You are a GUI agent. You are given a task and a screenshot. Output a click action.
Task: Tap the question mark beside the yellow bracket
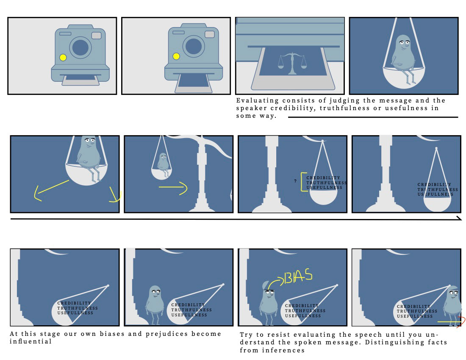coord(295,181)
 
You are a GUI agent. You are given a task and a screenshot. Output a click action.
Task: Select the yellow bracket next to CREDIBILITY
coord(302,182)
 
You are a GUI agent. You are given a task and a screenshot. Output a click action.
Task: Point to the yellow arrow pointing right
coord(173,188)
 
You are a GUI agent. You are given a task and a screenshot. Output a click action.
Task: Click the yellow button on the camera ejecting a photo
coord(176,56)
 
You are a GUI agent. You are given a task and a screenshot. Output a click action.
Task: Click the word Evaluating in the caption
coord(257,101)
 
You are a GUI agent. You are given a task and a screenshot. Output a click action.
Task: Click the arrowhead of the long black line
coord(459,219)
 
